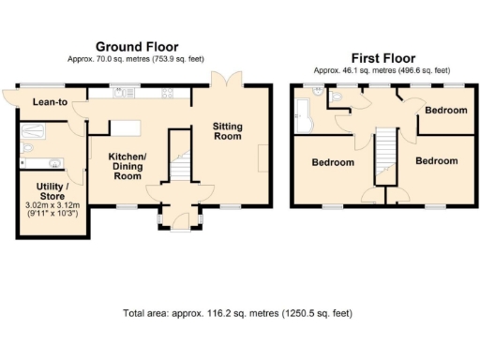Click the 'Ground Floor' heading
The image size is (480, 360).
136,46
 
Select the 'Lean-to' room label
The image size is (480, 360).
50,101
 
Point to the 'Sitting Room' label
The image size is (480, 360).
229,131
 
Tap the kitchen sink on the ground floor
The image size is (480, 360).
121,93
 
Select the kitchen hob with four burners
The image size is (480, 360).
170,93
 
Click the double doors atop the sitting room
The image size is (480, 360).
224,81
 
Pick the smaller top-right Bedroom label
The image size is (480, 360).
444,111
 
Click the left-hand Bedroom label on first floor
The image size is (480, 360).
333,162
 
